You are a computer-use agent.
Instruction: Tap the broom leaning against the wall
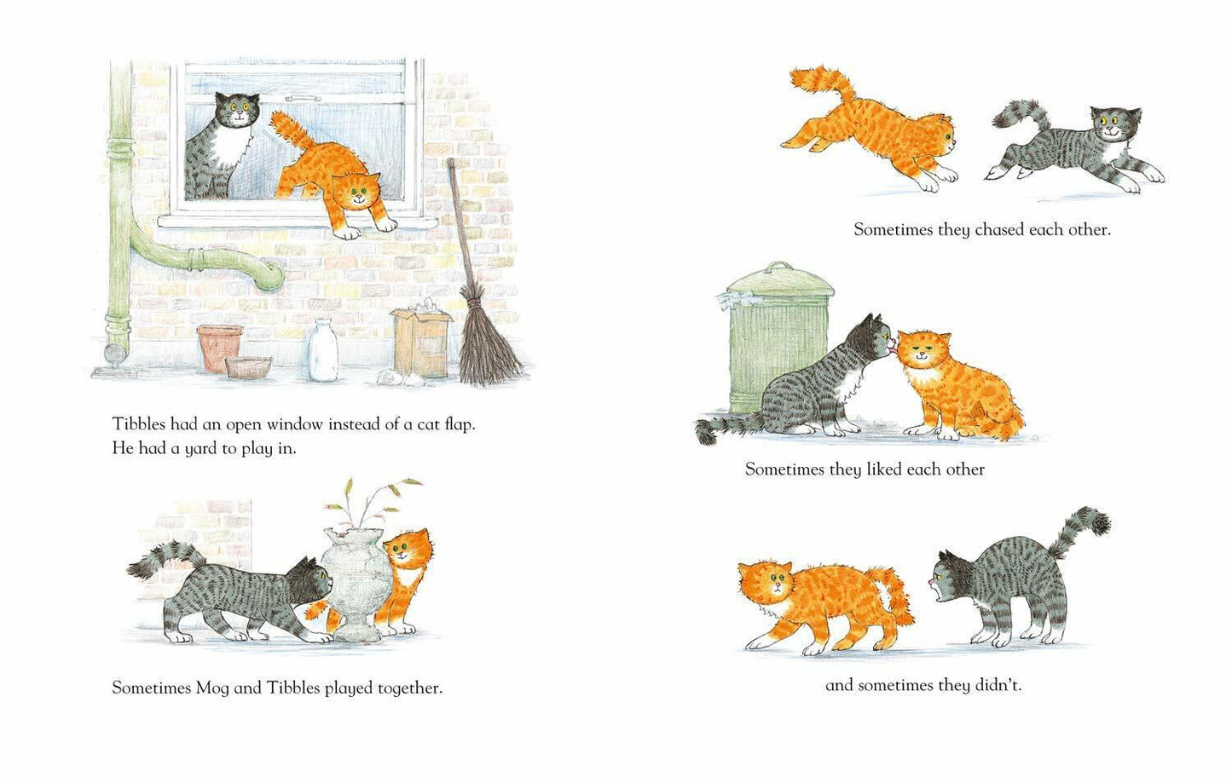[477, 308]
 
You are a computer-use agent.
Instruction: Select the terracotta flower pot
[219, 348]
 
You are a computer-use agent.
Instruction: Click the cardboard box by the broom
[420, 344]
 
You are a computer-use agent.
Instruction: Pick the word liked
[885, 469]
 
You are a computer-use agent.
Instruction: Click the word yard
[200, 450]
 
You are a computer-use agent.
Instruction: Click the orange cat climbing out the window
[333, 176]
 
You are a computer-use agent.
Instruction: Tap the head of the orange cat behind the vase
[407, 550]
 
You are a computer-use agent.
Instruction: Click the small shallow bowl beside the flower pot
[248, 367]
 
